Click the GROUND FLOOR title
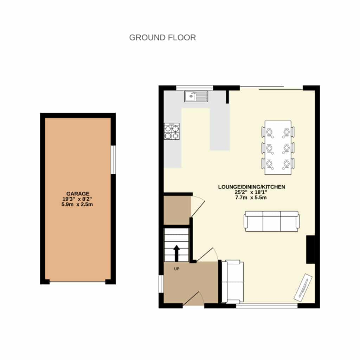(162, 37)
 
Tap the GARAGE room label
(78, 194)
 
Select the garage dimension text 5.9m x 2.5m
(77, 204)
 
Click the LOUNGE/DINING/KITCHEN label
(252, 187)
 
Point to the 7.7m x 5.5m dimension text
(251, 198)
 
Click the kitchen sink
(196, 96)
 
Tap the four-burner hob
(172, 131)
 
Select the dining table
(278, 148)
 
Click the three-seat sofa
(272, 221)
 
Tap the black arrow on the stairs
(176, 253)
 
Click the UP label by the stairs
(176, 269)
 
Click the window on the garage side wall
(113, 160)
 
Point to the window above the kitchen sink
(195, 88)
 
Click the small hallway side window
(161, 284)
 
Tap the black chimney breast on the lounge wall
(310, 249)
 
